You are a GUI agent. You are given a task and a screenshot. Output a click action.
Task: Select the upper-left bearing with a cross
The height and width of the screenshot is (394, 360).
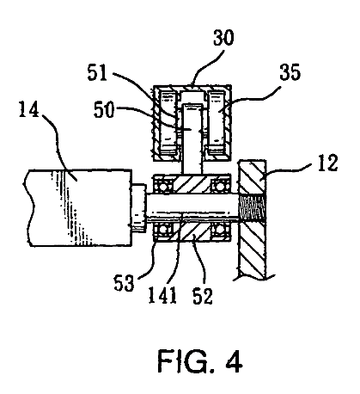coord(161,185)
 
